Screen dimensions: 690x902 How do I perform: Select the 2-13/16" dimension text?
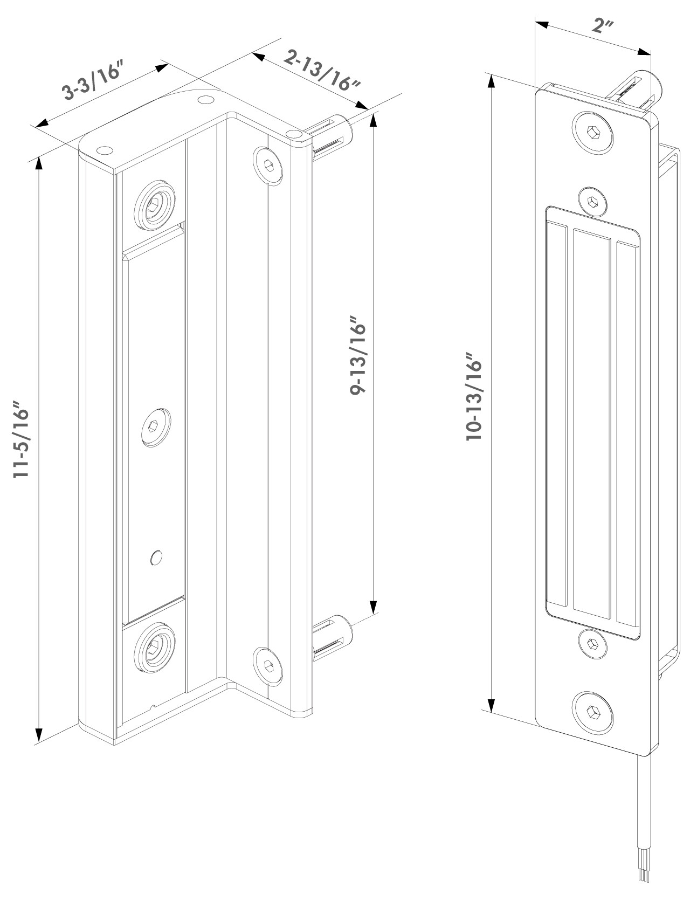point(322,70)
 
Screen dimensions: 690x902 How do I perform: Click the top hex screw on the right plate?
point(593,132)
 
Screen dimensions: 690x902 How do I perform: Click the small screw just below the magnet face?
point(592,644)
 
